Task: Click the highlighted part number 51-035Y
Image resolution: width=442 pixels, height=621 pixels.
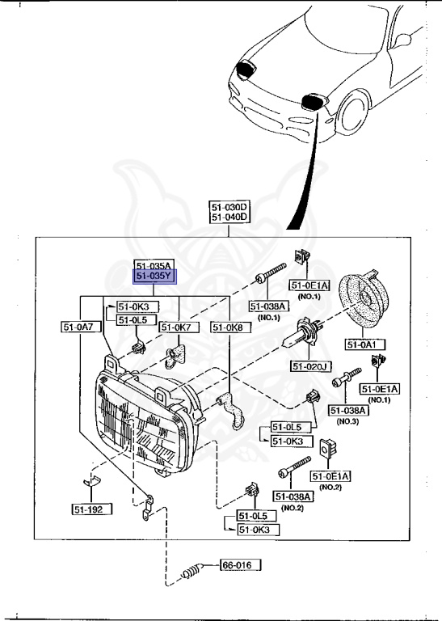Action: click(154, 277)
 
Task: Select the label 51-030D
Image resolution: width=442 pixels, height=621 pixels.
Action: click(230, 207)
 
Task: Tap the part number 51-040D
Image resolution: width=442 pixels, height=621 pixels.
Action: click(230, 218)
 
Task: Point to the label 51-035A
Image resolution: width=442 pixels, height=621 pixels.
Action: click(154, 266)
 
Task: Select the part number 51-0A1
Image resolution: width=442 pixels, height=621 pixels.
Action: click(365, 344)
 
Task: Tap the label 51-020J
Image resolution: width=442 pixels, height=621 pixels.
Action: click(311, 366)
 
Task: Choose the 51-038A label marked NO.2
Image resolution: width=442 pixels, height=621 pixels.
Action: click(293, 496)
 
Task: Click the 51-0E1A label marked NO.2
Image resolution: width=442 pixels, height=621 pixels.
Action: click(331, 477)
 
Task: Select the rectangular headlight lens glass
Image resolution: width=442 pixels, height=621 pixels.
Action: click(137, 433)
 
